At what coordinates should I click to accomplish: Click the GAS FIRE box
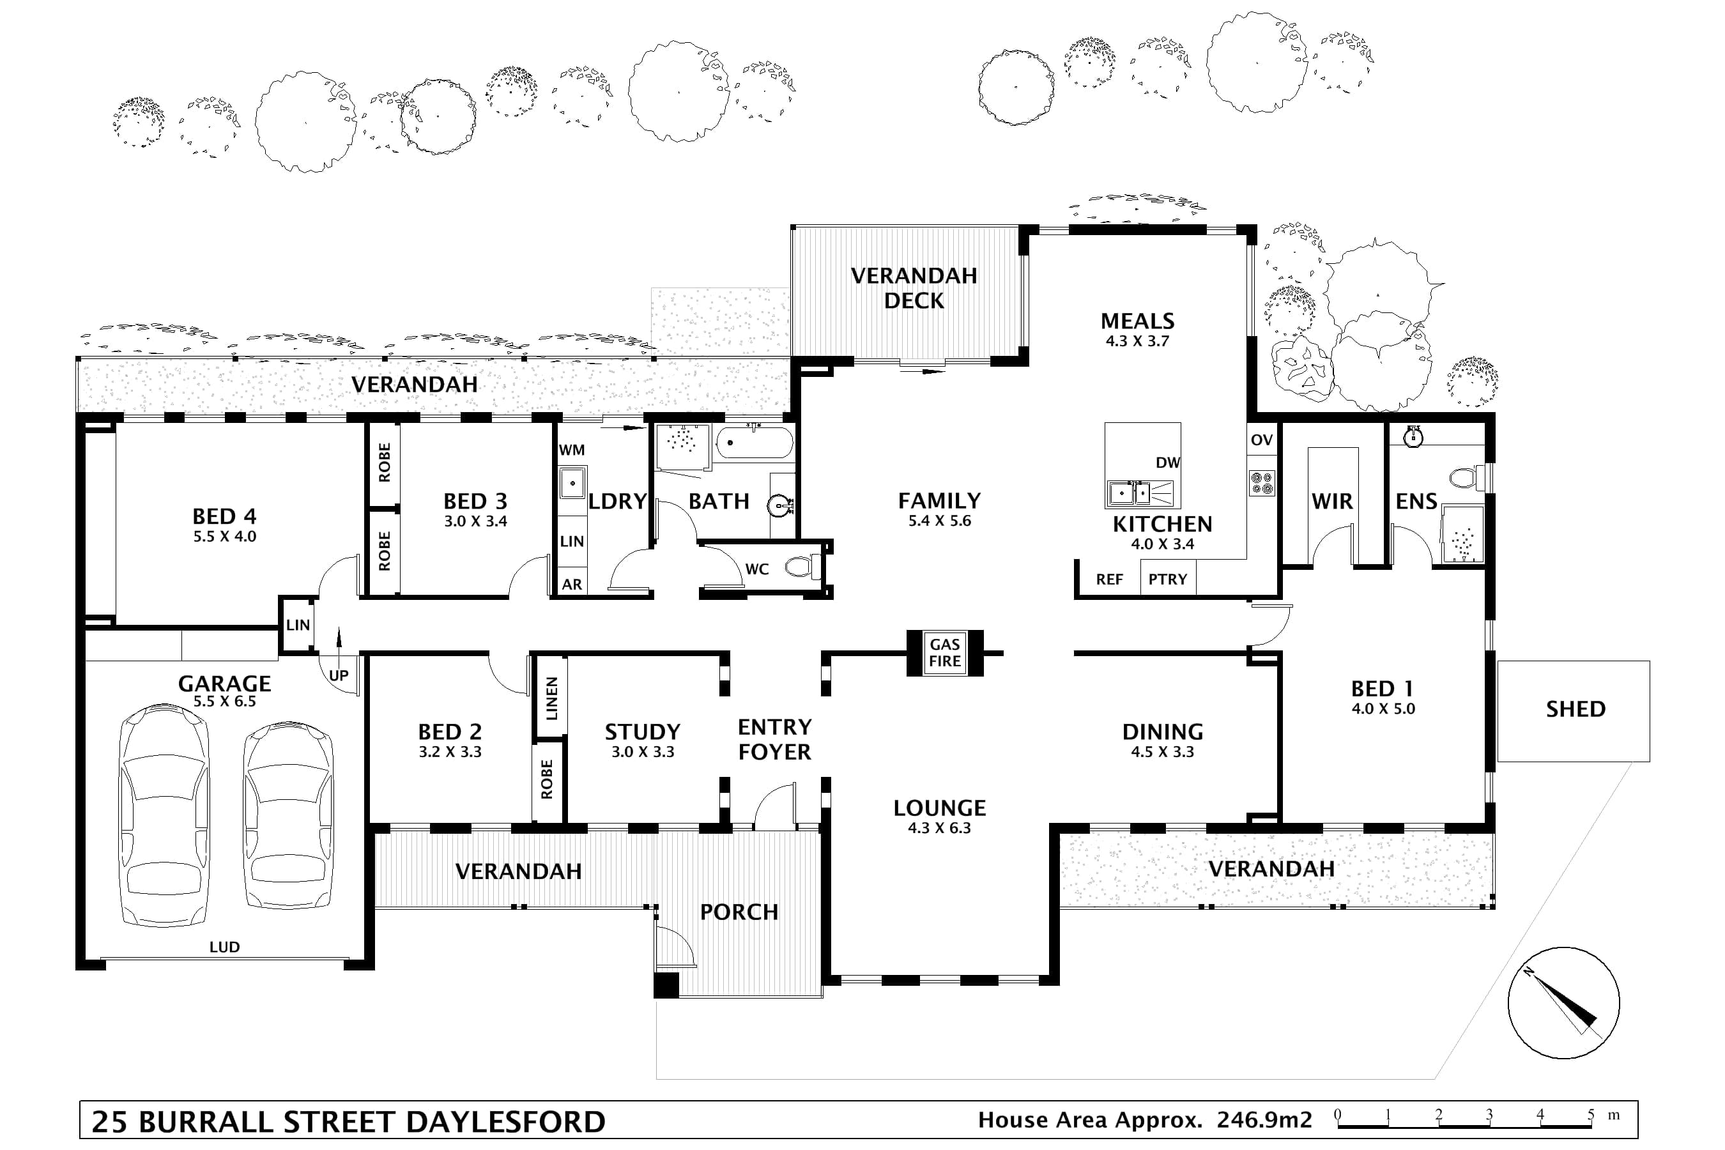point(945,653)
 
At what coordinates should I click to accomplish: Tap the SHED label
point(1575,709)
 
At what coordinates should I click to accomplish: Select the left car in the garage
point(164,816)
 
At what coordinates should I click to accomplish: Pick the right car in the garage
point(288,816)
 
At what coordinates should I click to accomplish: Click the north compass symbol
point(1563,1003)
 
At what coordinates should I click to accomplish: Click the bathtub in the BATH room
point(754,443)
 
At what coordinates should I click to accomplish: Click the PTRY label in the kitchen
point(1168,579)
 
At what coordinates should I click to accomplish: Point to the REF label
point(1109,579)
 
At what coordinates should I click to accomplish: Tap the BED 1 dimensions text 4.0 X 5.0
point(1383,709)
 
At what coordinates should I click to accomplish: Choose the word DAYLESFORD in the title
point(505,1122)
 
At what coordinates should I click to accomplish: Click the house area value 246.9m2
point(1264,1120)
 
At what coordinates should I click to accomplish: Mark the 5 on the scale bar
point(1591,1115)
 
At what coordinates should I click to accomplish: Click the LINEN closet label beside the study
point(551,698)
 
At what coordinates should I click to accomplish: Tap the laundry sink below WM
point(571,482)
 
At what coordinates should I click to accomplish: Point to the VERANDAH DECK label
point(914,288)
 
